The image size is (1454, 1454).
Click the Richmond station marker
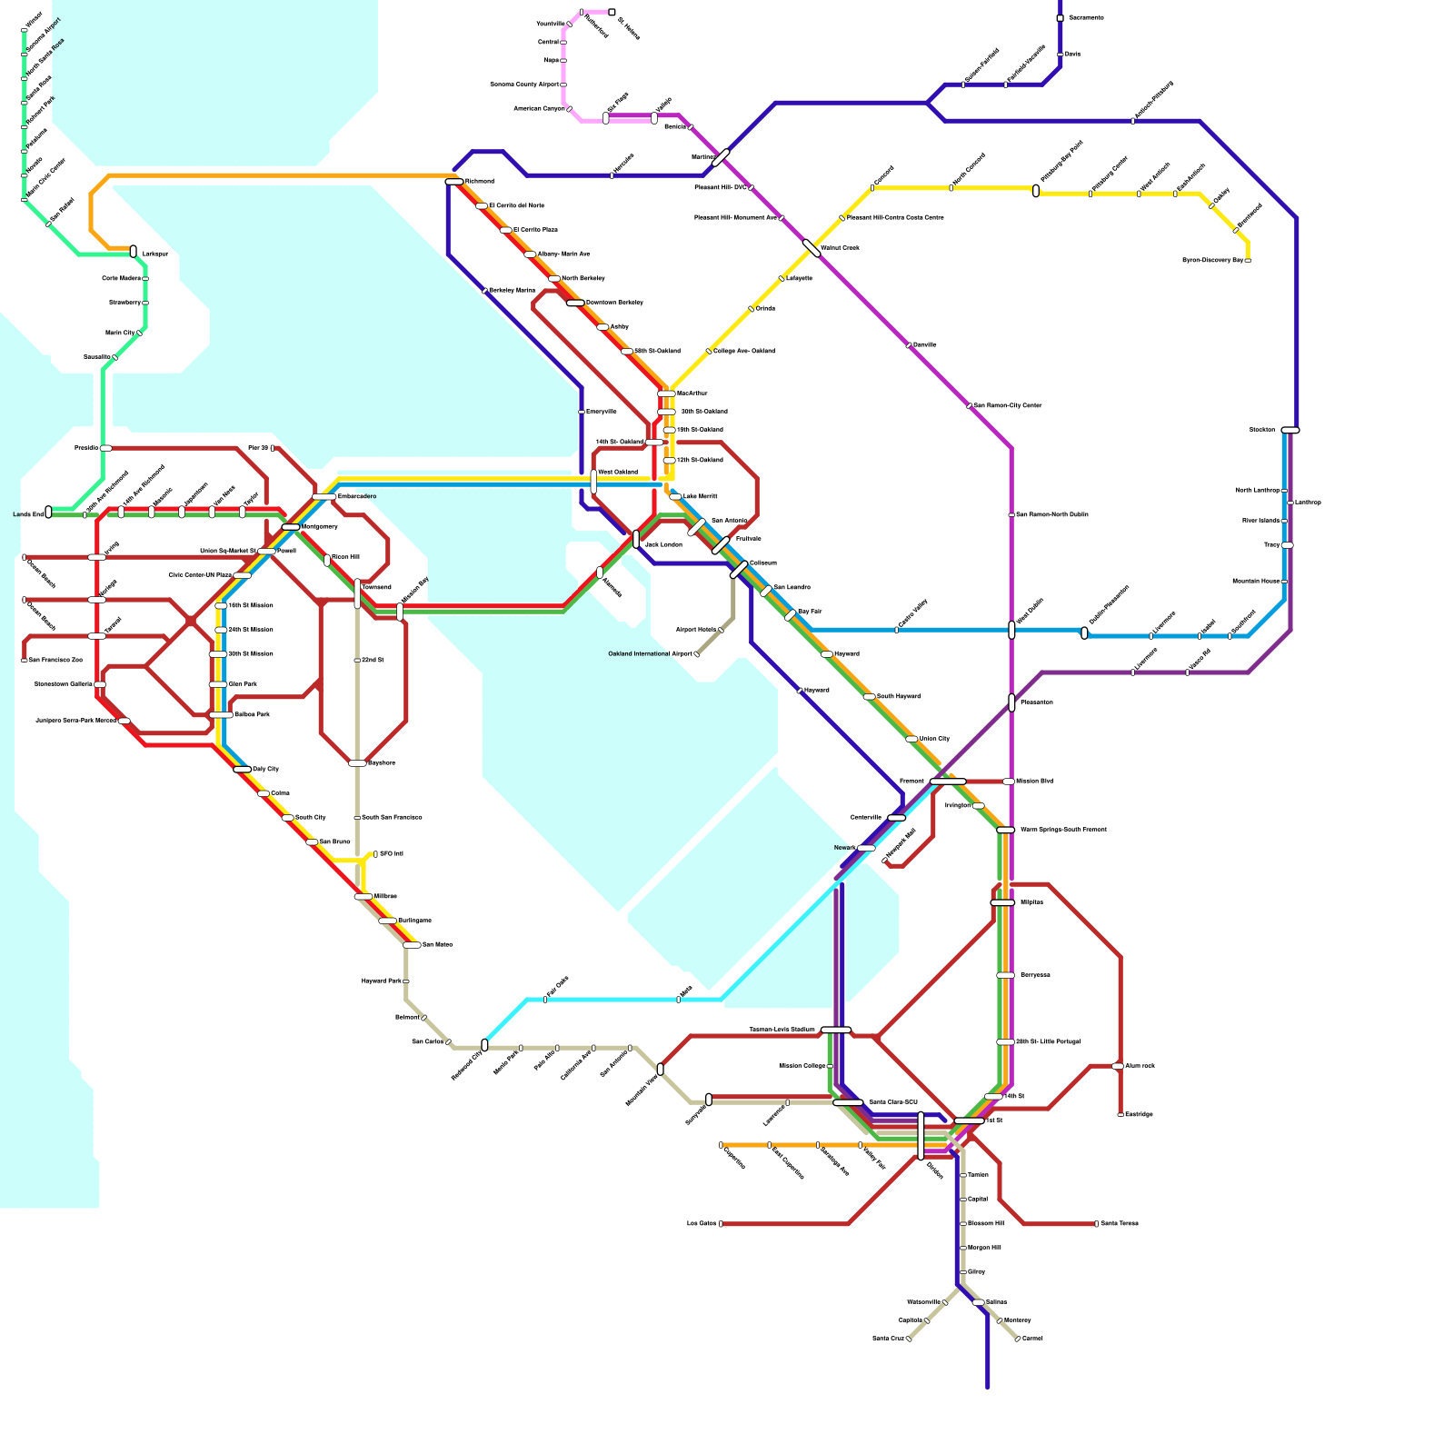coord(454,182)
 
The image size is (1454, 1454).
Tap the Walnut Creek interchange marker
coord(812,248)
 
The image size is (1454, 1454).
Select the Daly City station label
coord(266,769)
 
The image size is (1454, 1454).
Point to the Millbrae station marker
coord(363,897)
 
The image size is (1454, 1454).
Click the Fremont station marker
coord(948,782)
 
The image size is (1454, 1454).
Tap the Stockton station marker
coord(1290,430)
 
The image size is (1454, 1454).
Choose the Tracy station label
coord(1271,545)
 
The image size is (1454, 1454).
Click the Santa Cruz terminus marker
coord(909,1339)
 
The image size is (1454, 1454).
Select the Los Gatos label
coord(702,1224)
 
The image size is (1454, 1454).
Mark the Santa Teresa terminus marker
coord(1096,1224)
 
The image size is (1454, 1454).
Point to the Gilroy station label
coord(976,1272)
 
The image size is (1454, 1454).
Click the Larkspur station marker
coord(134,252)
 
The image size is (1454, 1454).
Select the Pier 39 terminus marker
coord(272,448)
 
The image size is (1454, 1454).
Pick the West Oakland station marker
coord(593,482)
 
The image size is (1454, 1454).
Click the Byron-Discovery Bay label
coord(1212,261)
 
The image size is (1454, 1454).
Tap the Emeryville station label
coord(602,412)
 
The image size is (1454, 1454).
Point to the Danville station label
coord(924,345)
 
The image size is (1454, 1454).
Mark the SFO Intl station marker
coord(375,854)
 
